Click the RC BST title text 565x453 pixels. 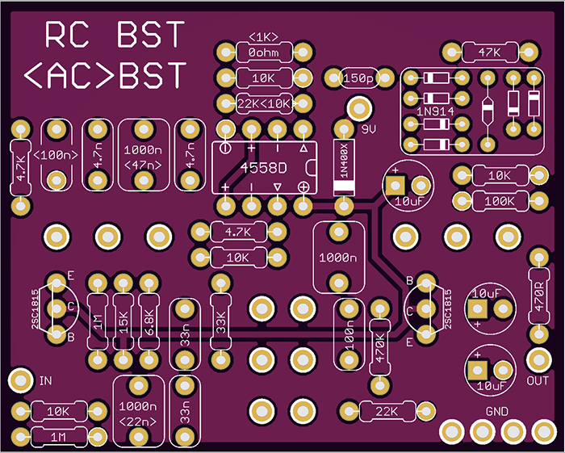114,35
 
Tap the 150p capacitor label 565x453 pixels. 358,78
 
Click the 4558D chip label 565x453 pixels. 263,168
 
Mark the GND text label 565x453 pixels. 496,412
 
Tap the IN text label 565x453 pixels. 46,380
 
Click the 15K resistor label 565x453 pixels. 123,322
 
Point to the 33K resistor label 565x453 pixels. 220,322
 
